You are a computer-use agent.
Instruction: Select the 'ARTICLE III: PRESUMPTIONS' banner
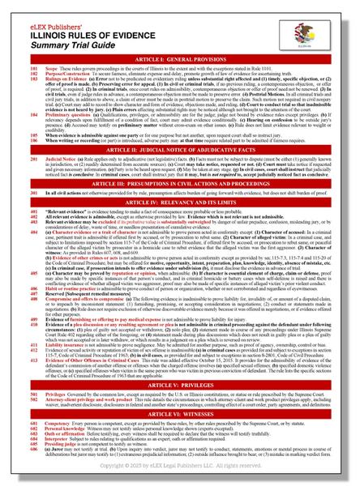180,185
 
